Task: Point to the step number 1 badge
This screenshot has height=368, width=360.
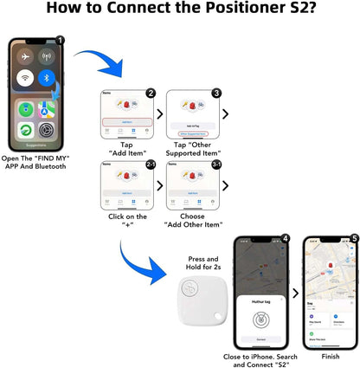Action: [59, 40]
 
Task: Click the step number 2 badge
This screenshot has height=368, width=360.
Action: [150, 93]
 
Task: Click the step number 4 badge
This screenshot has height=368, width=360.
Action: [286, 237]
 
